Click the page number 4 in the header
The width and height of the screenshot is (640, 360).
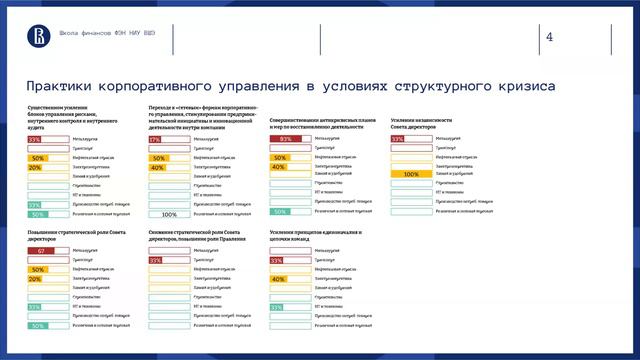tap(549, 38)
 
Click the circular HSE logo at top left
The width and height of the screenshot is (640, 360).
tap(34, 35)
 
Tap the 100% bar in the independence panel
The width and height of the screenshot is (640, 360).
tap(410, 175)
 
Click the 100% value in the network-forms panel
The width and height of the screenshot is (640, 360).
tap(169, 214)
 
